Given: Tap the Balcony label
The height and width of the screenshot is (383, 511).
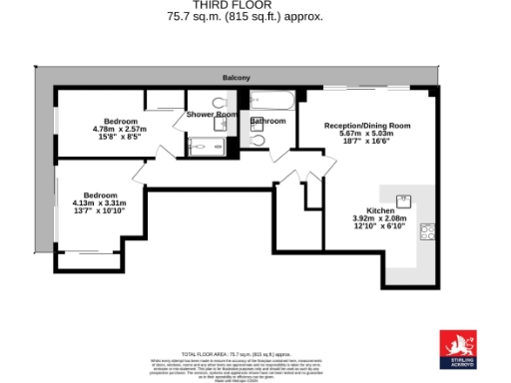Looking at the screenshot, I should pos(237,78).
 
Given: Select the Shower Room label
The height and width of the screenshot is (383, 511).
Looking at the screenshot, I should pos(212,115).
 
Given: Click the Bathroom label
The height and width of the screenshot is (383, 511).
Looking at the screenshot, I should pos(268,121).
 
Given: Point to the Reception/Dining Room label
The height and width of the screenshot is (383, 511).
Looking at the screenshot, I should pos(367,126).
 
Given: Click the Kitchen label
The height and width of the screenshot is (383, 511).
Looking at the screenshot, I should pos(380,211).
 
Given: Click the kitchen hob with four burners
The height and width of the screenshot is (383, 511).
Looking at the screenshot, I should pos(427,232).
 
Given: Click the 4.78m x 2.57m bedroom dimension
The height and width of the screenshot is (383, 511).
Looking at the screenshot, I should pos(120,129).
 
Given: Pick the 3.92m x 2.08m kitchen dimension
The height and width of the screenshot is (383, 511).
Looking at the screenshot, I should pos(380,219).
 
